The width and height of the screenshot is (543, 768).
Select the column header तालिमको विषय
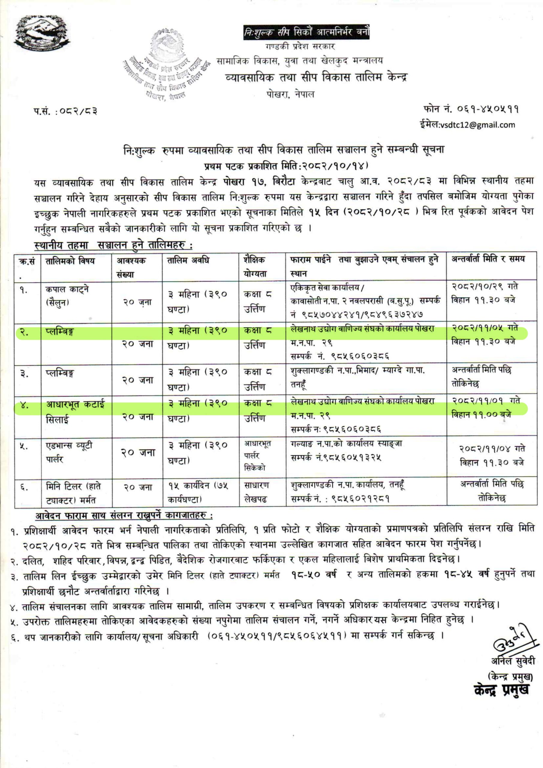point(70,261)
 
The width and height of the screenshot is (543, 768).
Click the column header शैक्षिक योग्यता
point(256,267)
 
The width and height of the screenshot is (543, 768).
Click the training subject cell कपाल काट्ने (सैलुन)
point(67,296)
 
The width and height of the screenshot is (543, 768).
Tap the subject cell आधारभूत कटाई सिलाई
point(75,412)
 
